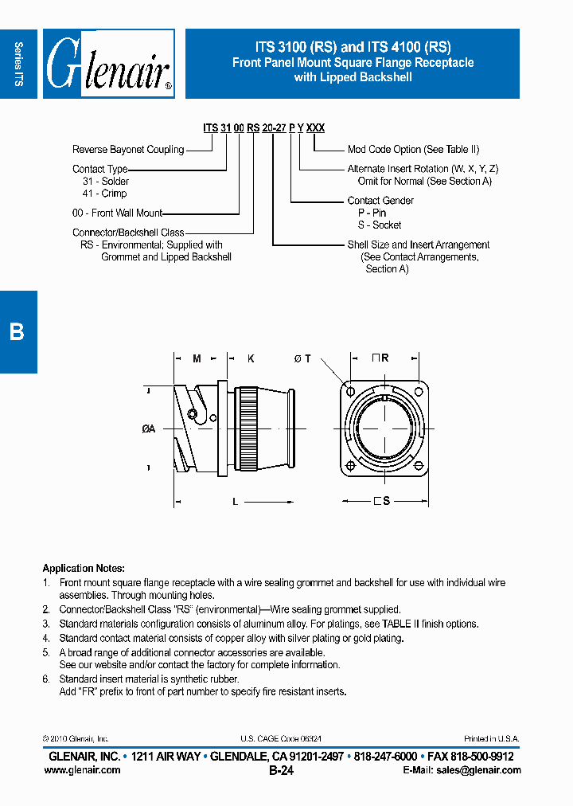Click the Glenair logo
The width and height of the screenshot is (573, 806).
[x=108, y=64]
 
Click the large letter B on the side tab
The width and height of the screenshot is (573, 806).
[x=17, y=331]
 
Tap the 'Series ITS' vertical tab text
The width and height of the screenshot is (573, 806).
[x=18, y=64]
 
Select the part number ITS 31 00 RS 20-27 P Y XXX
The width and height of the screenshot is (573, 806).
[x=263, y=127]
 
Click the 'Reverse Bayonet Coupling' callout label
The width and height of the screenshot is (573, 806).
[x=127, y=150]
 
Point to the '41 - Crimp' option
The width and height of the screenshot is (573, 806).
[x=104, y=194]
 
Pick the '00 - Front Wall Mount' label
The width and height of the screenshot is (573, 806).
[x=117, y=213]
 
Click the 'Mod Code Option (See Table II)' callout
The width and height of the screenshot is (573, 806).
[x=413, y=150]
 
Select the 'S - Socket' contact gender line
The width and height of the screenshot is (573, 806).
[x=379, y=225]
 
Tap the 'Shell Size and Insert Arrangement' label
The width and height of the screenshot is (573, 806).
[x=418, y=245]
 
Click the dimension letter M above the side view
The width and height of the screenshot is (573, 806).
[x=197, y=359]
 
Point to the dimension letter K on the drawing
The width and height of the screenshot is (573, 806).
[x=250, y=359]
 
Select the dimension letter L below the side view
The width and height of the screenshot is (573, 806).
[x=235, y=502]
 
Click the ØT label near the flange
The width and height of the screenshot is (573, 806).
[x=302, y=359]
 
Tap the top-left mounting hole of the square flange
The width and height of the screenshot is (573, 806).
[x=351, y=392]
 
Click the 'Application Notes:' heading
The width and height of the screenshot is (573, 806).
[x=84, y=569]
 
